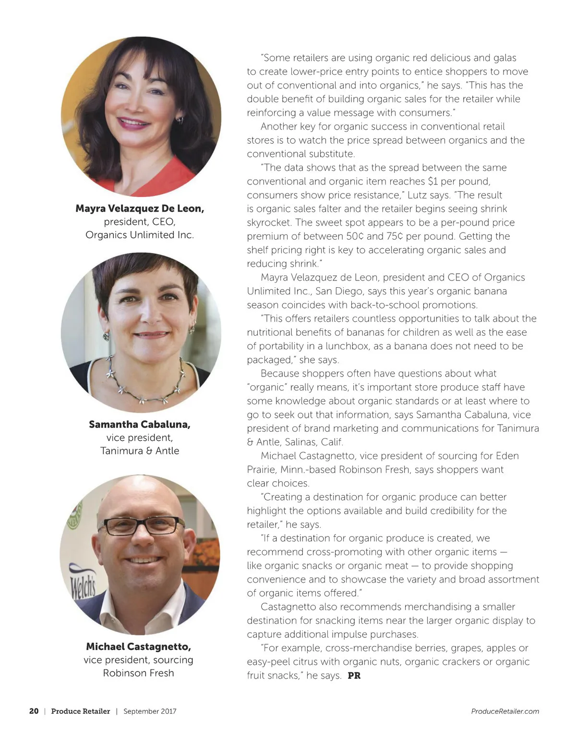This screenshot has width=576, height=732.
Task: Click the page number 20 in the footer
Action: click(x=34, y=711)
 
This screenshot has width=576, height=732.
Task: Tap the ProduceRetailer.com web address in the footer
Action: click(x=505, y=711)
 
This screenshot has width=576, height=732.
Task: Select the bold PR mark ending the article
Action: click(x=354, y=675)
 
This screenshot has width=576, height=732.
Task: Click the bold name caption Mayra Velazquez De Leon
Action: click(x=140, y=208)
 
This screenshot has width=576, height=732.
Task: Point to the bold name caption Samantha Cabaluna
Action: click(x=140, y=425)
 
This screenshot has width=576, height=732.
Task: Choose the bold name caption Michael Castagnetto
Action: click(x=139, y=647)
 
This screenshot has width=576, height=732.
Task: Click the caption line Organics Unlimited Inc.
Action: click(x=140, y=235)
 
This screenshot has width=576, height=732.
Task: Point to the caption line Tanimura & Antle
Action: click(x=140, y=451)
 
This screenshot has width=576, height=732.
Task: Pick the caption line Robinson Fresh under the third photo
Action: click(x=139, y=673)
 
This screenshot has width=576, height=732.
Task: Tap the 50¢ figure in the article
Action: click(x=355, y=236)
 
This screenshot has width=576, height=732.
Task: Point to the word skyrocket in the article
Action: click(x=269, y=222)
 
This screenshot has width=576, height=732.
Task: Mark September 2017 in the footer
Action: click(x=150, y=711)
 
